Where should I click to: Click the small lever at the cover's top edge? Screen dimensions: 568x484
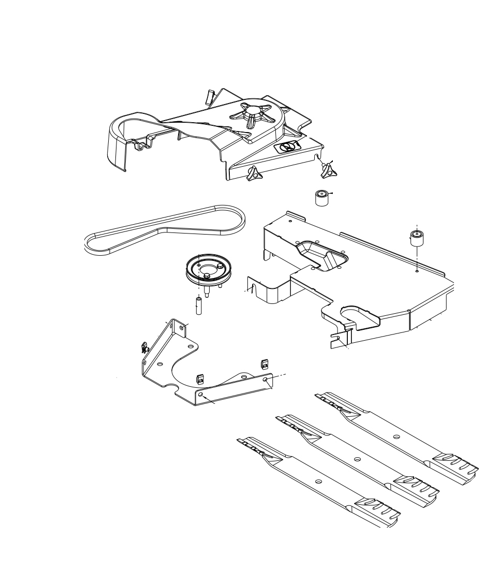(x=210, y=96)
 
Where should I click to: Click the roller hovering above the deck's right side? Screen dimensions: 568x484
(x=417, y=238)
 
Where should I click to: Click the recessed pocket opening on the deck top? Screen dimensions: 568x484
(x=321, y=255)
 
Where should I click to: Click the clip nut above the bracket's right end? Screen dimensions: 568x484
(x=264, y=365)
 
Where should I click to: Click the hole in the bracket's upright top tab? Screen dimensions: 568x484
(x=181, y=327)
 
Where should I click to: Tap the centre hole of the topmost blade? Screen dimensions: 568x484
(x=396, y=436)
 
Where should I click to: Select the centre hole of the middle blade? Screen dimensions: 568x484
(x=357, y=459)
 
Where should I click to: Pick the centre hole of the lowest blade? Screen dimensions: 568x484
(x=318, y=482)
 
